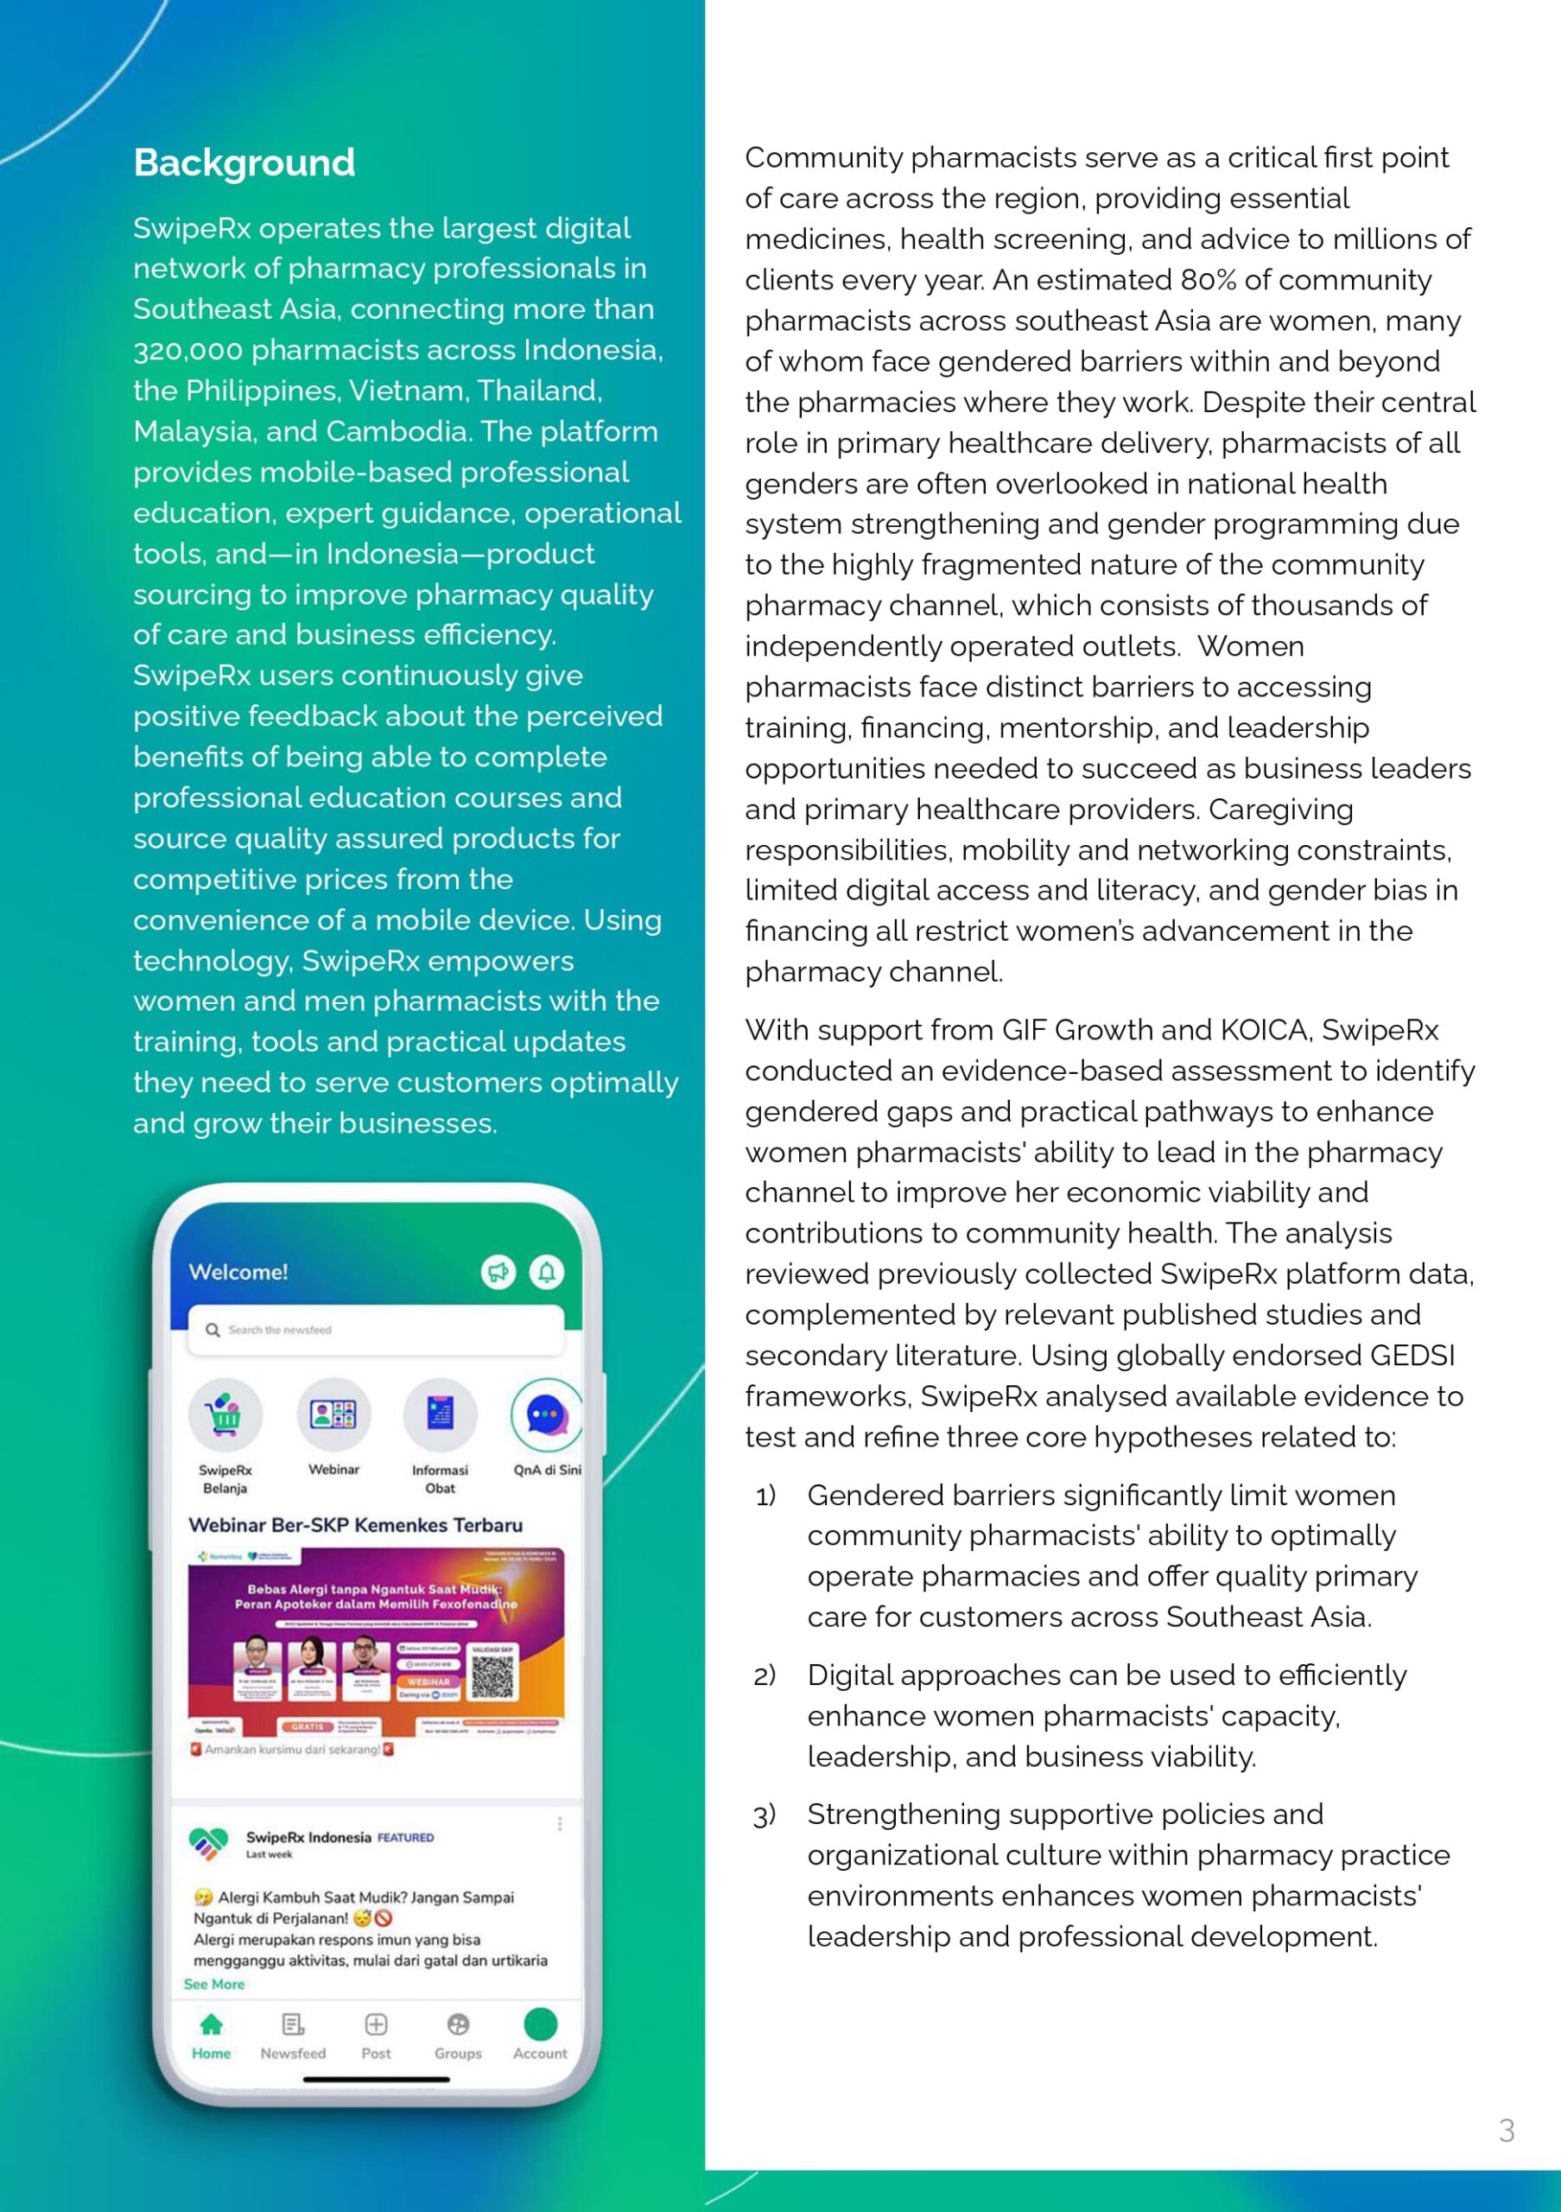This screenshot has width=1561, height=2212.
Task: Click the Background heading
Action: click(244, 162)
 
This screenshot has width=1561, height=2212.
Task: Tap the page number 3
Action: click(1506, 2130)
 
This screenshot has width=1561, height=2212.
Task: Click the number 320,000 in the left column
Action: click(187, 350)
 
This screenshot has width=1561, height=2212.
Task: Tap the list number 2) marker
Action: click(765, 1676)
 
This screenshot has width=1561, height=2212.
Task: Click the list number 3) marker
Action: click(765, 1816)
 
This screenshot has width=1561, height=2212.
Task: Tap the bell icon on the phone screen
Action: click(546, 1272)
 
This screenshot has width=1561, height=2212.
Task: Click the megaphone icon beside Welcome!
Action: click(498, 1272)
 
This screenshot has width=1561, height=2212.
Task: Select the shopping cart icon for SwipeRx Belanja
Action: click(225, 1414)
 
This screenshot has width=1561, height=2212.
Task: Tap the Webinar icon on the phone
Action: click(333, 1414)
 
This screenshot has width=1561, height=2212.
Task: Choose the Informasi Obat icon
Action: click(440, 1414)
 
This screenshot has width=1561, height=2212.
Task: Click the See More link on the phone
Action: click(213, 1984)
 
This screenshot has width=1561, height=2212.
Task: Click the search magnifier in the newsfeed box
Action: click(213, 1330)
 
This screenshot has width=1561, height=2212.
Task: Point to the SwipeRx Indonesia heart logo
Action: click(209, 1843)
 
